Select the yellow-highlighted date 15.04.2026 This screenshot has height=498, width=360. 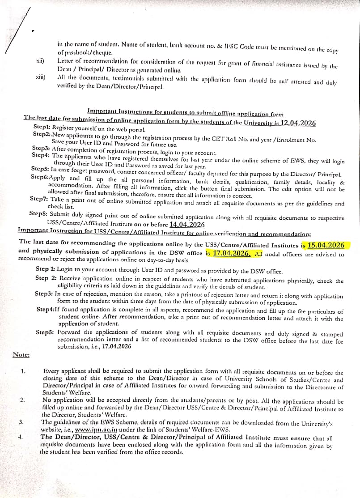[326, 245]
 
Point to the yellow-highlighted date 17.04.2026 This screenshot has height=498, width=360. [231, 253]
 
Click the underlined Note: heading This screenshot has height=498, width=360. [21, 355]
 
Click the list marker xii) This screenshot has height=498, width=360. [40, 60]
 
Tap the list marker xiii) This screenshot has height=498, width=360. [41, 77]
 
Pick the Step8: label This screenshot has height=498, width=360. [42, 213]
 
